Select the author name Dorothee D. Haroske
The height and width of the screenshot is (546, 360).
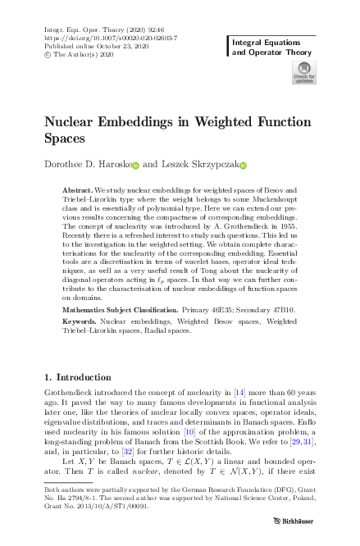pyautogui.click(x=87, y=165)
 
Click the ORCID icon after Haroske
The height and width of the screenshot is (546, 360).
pyautogui.click(x=136, y=166)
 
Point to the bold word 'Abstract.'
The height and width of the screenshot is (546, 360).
pyautogui.click(x=78, y=189)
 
